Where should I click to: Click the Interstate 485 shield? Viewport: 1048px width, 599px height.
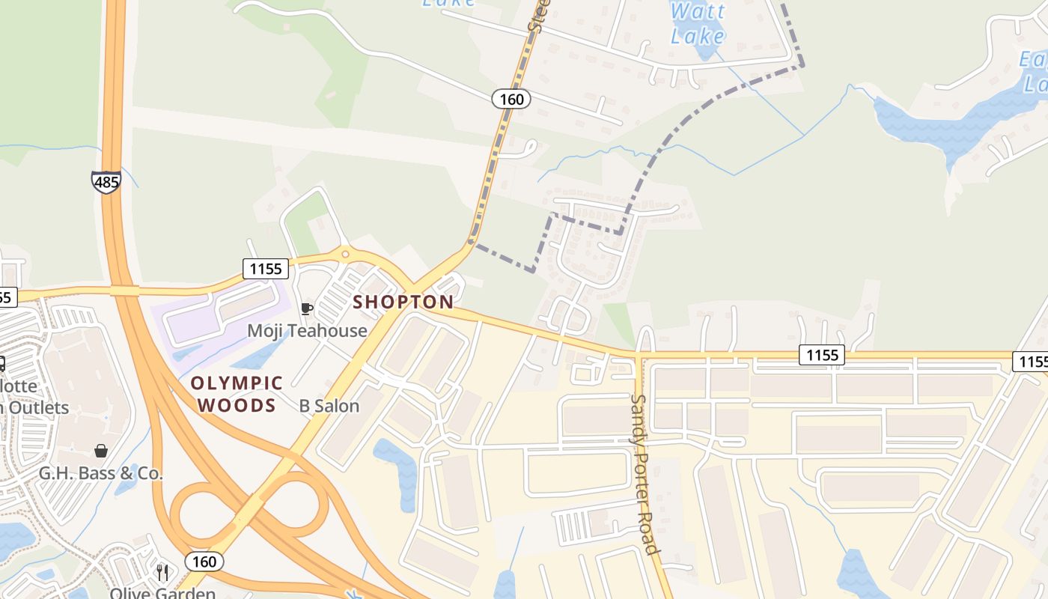tap(106, 182)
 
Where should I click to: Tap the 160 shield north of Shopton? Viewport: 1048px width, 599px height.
tap(511, 99)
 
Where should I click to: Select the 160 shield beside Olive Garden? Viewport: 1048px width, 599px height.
tap(204, 562)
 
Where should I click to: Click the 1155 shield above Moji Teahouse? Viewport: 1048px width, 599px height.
tap(266, 269)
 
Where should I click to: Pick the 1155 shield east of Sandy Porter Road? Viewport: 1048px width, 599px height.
tap(821, 355)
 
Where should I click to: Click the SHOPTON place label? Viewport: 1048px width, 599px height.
tap(403, 302)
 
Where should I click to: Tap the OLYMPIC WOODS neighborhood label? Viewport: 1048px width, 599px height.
tap(237, 395)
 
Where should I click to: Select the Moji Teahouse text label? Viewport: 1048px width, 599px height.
tap(307, 330)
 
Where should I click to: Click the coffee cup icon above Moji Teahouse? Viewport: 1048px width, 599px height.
tap(305, 308)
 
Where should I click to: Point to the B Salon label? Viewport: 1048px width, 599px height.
tap(329, 407)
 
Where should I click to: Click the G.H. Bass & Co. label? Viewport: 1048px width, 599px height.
tap(101, 473)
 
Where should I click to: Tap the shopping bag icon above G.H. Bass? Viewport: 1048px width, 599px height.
tap(100, 451)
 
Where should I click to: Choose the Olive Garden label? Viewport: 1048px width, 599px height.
tap(162, 593)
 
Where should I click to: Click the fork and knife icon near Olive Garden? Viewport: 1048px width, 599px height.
tap(162, 573)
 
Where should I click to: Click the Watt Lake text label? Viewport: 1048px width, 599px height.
tap(698, 23)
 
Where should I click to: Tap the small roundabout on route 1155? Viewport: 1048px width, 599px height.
tap(345, 255)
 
